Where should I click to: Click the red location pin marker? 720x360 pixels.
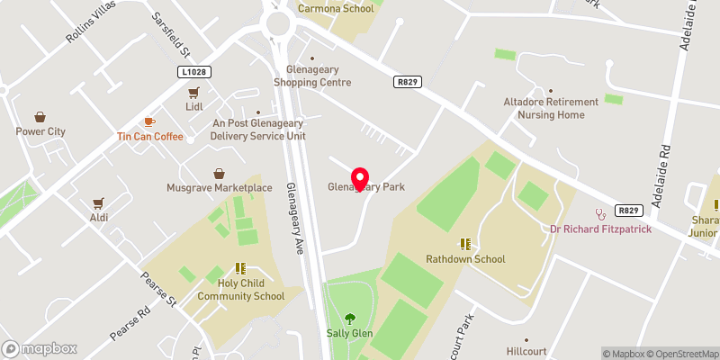click(x=361, y=178)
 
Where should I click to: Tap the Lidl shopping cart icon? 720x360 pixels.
click(x=193, y=93)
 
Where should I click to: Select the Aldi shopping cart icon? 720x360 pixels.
click(x=99, y=203)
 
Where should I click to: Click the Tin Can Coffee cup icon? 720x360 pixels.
click(x=149, y=121)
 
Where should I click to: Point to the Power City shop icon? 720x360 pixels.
click(x=40, y=117)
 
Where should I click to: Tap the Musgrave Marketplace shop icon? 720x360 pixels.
click(x=219, y=174)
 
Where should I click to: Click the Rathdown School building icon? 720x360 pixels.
click(x=465, y=244)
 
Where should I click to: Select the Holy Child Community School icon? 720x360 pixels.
click(x=240, y=267)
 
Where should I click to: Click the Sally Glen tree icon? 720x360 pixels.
click(x=349, y=318)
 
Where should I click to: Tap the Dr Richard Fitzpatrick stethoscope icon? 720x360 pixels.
click(x=600, y=214)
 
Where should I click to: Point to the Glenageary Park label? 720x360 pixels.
click(x=365, y=187)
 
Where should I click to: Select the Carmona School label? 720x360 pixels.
click(x=336, y=8)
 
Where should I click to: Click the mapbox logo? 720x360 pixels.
click(x=40, y=348)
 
